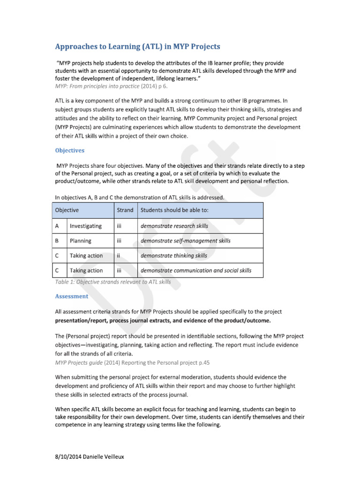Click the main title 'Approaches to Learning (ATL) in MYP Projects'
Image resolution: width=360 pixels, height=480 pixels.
137,46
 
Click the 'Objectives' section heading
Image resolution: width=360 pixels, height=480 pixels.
70,150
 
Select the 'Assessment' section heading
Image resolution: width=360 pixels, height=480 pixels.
71,296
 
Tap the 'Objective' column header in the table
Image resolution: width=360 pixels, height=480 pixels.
67,210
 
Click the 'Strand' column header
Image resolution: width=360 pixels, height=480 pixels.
125,210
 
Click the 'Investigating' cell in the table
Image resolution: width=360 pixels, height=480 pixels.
85,226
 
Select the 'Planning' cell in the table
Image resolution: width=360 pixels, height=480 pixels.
80,241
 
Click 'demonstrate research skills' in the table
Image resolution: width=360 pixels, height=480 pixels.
174,226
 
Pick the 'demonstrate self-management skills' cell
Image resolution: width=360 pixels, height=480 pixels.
186,241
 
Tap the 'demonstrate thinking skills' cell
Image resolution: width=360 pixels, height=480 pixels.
174,256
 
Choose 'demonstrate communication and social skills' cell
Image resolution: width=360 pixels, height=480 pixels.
196,270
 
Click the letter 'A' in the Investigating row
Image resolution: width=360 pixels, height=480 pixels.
58,226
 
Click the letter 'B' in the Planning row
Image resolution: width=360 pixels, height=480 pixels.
57,241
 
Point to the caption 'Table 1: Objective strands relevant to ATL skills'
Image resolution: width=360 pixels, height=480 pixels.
113,282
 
